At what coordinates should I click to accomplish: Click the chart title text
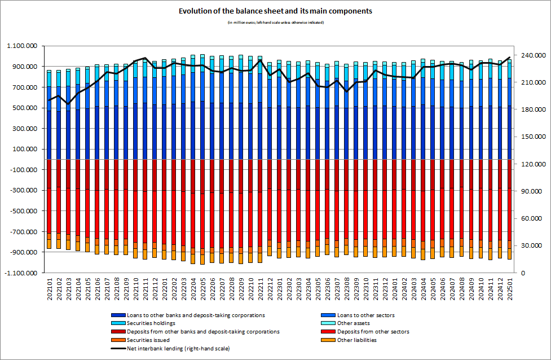[x=275, y=11]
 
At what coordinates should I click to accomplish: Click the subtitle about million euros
[x=275, y=22]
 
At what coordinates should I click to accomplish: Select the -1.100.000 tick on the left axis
[x=21, y=273]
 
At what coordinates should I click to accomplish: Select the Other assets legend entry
[x=350, y=323]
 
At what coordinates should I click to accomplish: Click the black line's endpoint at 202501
[x=510, y=57]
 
